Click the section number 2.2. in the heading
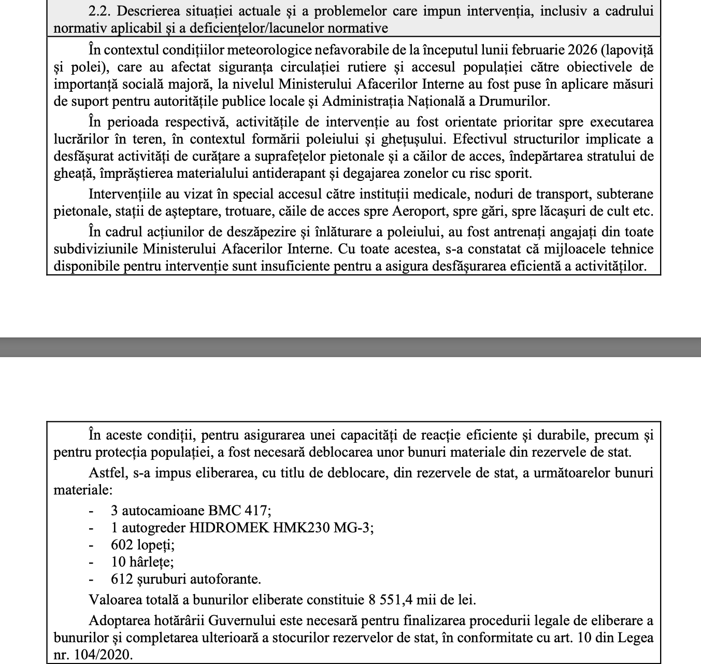coord(99,11)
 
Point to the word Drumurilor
coord(509,101)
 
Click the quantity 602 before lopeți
coord(122,545)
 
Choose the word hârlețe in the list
coord(154,562)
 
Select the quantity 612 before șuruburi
coord(122,579)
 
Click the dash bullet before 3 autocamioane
coord(92,511)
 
